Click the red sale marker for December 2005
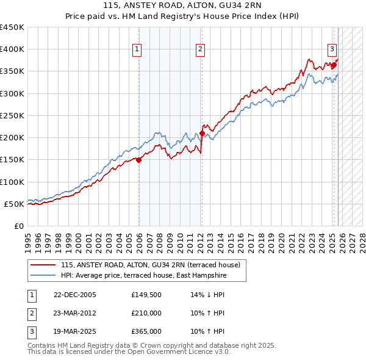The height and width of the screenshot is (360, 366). [x=138, y=160]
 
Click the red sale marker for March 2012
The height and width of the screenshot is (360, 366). [x=202, y=133]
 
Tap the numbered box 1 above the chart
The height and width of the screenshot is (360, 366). [x=137, y=50]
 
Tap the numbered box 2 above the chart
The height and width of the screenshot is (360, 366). [x=200, y=50]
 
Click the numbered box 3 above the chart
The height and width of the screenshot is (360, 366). [x=332, y=50]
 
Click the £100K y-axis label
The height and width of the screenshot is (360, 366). [x=12, y=182]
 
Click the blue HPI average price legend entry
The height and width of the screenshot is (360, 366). [x=143, y=276]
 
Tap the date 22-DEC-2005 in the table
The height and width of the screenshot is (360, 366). [x=74, y=295]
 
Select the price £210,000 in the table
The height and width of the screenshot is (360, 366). [x=146, y=313]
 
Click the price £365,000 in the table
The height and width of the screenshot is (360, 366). [x=146, y=331]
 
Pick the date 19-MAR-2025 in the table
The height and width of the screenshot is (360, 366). [x=74, y=331]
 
